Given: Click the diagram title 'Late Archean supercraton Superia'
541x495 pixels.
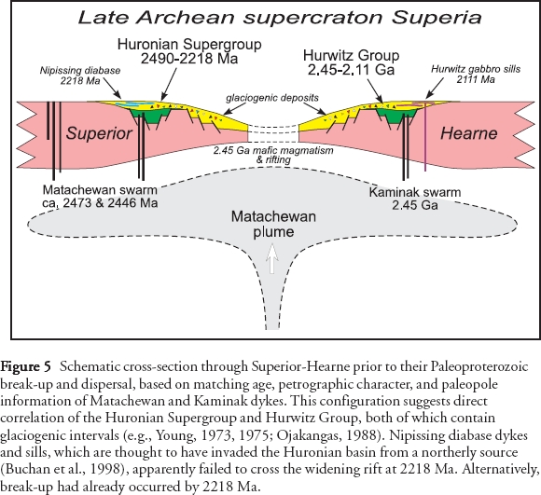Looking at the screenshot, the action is point(280,17).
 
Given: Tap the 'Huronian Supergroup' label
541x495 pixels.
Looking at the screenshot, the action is point(189,44).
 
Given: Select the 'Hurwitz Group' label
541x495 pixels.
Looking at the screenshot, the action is point(352,55).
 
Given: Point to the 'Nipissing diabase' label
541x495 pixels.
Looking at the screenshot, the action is point(80,71).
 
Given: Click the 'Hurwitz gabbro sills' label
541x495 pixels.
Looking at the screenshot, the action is point(476,69).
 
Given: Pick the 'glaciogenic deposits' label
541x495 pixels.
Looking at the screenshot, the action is point(272,98).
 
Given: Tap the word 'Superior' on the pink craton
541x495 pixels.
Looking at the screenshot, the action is point(99,133).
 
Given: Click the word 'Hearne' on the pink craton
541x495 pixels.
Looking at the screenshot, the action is point(468,133).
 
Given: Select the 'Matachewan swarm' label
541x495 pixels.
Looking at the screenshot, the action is point(100,190).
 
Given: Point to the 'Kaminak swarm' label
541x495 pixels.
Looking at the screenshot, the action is point(415,192).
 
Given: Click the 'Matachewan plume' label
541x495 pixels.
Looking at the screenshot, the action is point(273,224).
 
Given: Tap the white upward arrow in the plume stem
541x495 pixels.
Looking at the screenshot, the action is point(272,258).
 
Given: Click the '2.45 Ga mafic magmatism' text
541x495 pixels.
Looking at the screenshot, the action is point(273,151).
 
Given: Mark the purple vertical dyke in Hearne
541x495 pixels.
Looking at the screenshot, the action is point(425,136).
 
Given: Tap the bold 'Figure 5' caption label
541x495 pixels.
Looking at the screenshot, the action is point(25,366).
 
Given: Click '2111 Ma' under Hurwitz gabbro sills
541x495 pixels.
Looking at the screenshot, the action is point(476,79).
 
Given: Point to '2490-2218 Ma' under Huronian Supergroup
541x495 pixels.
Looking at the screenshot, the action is point(189,58).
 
